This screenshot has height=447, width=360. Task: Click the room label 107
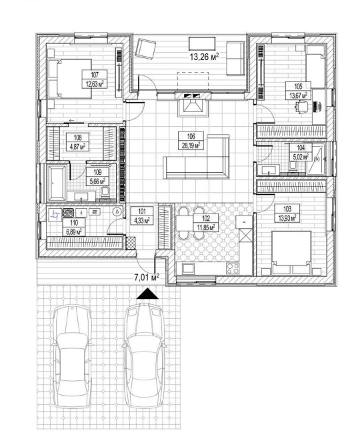[95, 75]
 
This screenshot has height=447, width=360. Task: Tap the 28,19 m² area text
[191, 145]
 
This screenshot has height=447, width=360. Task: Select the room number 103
[287, 209]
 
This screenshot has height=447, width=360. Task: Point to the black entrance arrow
[147, 294]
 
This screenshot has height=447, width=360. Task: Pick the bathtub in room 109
[57, 183]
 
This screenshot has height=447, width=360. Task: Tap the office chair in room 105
[302, 107]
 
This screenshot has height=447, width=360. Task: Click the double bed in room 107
[70, 79]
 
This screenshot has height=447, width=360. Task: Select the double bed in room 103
[291, 254]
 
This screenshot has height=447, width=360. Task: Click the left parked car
[73, 356]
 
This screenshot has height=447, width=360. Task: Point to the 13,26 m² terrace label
[204, 57]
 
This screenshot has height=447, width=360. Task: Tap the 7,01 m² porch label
[147, 277]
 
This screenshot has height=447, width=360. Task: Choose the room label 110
[74, 223]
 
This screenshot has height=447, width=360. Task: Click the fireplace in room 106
[193, 105]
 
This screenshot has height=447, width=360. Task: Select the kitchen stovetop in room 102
[233, 268]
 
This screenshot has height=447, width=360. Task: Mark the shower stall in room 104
[315, 159]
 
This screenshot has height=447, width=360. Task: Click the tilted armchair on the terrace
[145, 49]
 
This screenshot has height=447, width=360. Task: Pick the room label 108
[77, 137]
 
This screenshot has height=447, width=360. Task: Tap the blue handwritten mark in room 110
[55, 215]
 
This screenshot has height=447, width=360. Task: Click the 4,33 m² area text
[142, 220]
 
